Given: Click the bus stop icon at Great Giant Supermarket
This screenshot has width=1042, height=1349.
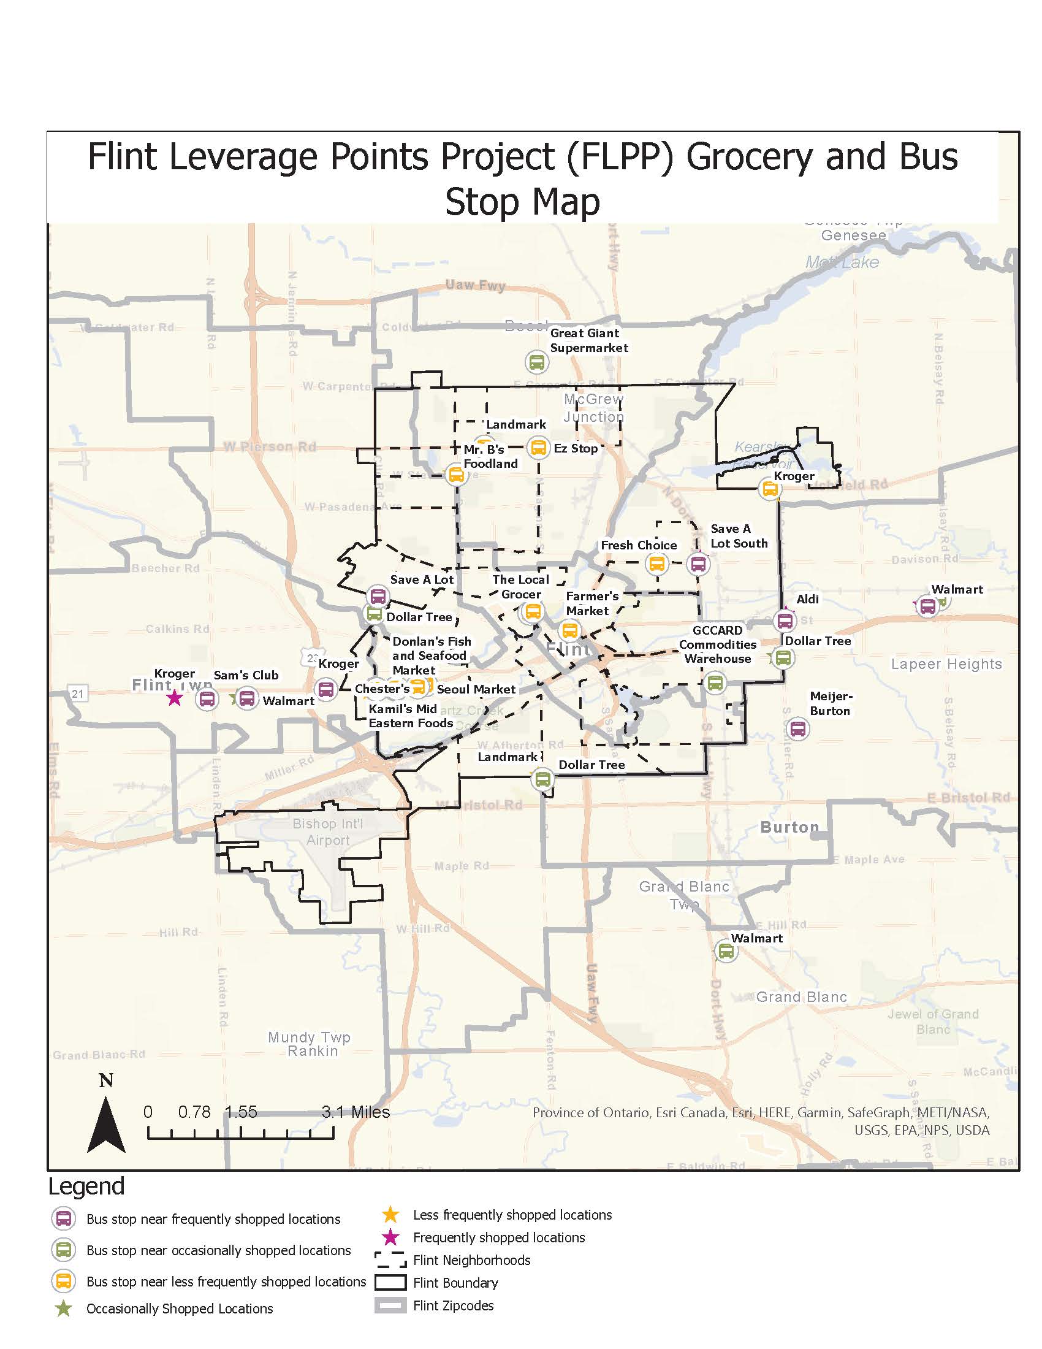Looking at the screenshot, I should coord(536,362).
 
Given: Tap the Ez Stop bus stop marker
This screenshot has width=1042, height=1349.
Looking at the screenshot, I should coord(538,448).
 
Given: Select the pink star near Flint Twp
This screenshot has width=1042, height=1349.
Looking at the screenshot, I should coord(175,698).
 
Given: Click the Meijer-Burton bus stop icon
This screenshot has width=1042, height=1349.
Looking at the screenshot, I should coord(797,729).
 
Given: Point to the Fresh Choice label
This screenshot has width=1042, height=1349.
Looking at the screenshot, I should coord(639,545).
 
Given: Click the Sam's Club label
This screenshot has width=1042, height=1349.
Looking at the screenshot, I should coord(246,675).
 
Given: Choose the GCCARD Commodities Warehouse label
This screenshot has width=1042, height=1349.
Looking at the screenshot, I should coord(717,644).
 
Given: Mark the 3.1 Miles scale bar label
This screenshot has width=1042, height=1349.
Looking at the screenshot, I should coord(356,1112).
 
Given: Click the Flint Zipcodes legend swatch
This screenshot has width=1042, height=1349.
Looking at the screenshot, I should coord(390,1305).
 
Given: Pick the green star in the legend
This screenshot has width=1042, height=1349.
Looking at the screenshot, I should coord(63,1309).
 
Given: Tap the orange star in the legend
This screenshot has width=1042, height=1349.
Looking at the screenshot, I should coord(390,1214).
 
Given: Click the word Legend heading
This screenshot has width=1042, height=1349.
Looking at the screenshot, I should coord(86,1187).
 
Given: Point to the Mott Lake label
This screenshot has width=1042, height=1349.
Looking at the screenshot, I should coord(842,262).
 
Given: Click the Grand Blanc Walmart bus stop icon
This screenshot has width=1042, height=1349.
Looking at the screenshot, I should coord(726,950).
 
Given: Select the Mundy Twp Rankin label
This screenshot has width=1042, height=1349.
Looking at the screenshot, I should coord(310,1044).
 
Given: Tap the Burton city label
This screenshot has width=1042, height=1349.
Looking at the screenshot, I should coord(789,827).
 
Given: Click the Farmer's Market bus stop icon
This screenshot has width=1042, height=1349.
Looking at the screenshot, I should coord(569,630).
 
